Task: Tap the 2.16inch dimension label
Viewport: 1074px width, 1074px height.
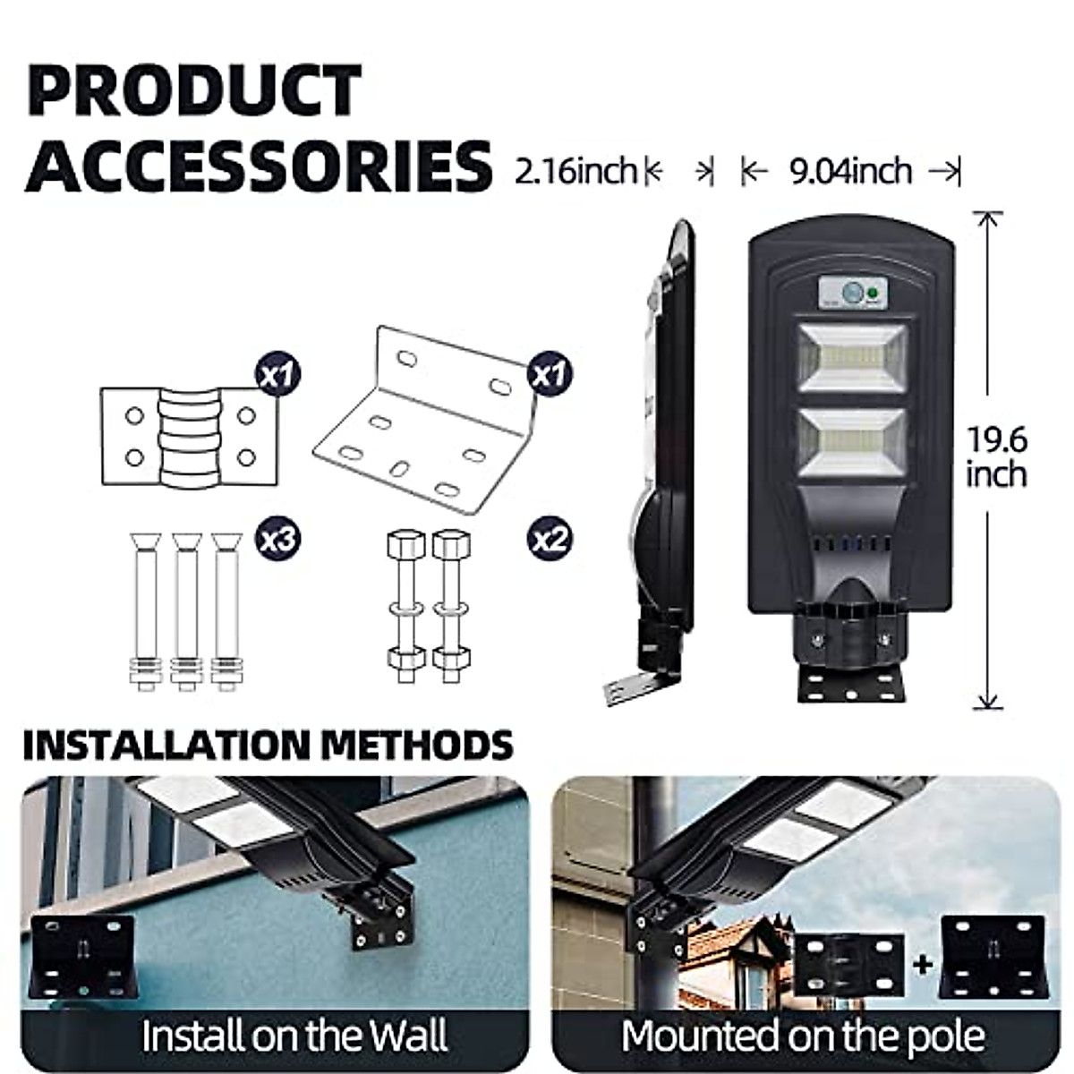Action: pos(575,170)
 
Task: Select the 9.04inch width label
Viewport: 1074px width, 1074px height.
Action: pos(849,170)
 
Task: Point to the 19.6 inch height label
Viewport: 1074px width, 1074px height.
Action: pos(995,456)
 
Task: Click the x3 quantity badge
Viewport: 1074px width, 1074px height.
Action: pos(277,539)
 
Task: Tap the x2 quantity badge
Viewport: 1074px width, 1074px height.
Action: pos(549,539)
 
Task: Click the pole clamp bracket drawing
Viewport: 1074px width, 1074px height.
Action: pos(189,436)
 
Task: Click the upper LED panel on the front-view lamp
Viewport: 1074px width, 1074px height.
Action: pos(852,358)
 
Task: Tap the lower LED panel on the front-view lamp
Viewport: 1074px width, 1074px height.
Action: pos(852,442)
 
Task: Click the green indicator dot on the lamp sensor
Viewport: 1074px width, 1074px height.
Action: pos(873,290)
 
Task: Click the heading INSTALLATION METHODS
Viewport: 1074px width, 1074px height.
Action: pos(268,745)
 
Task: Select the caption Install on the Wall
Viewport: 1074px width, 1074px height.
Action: pos(294,1036)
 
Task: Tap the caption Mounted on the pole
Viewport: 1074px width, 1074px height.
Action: pos(803,1036)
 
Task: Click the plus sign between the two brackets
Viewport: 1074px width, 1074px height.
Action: pos(922,963)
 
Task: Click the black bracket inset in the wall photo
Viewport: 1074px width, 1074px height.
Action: pos(82,956)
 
